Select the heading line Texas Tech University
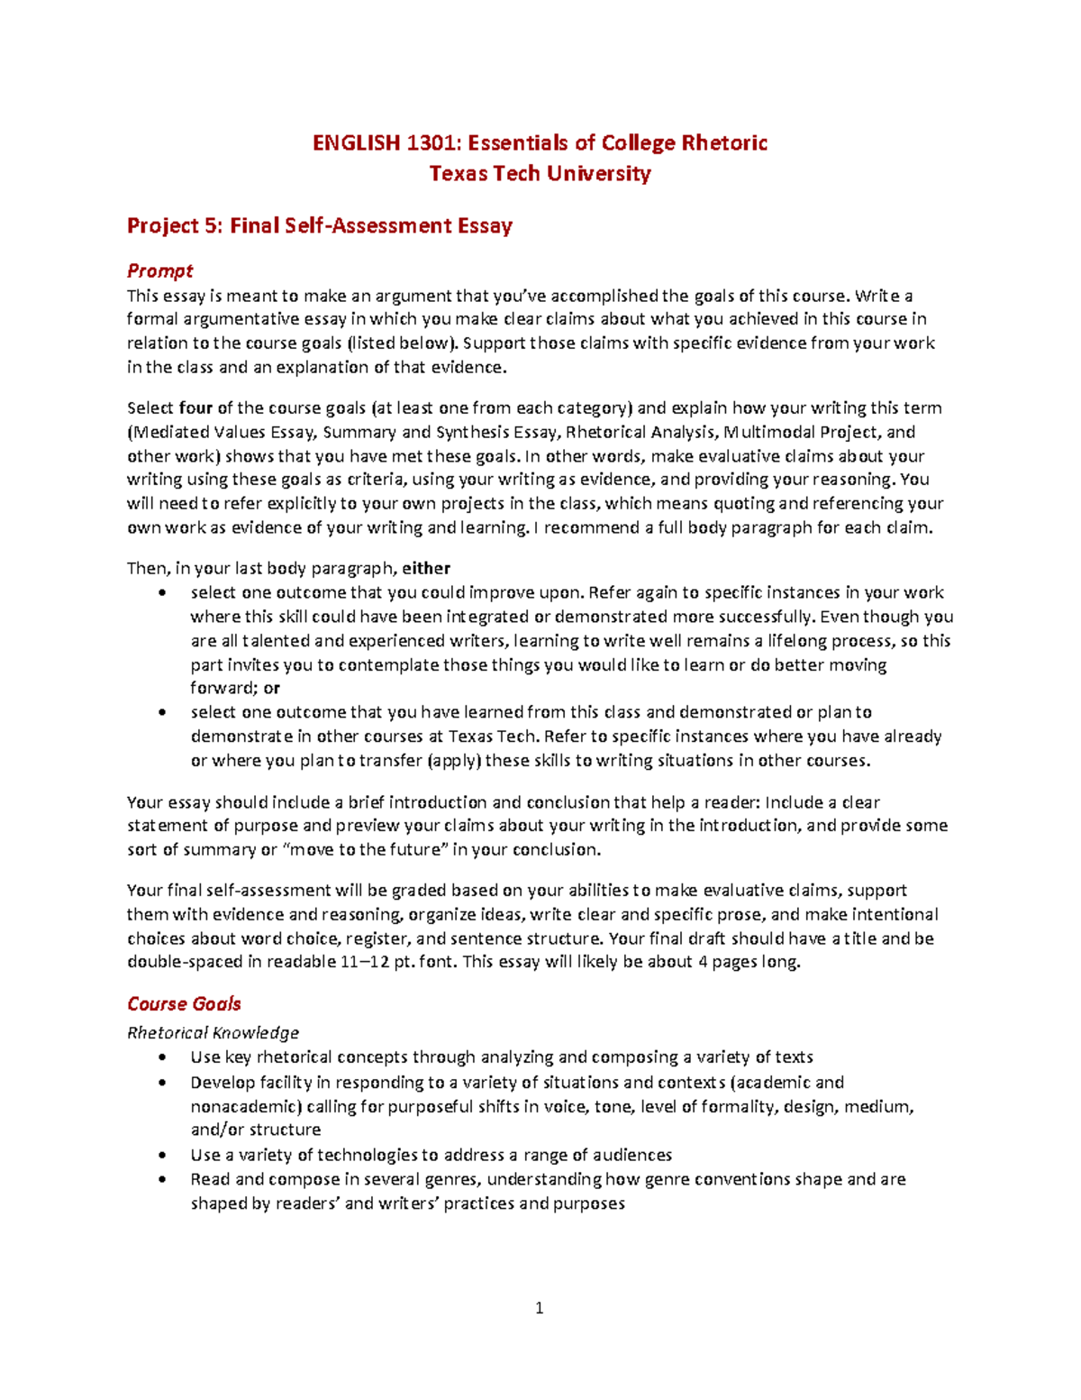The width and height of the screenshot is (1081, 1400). tap(540, 174)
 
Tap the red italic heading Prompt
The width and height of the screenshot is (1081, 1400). tap(159, 270)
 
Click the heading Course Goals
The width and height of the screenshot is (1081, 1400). tap(184, 1004)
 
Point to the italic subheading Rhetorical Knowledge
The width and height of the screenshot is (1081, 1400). tap(213, 1032)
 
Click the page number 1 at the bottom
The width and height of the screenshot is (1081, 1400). tap(539, 1308)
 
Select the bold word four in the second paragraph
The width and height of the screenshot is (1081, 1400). tap(195, 407)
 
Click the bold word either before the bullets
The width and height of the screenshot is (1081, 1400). tap(426, 568)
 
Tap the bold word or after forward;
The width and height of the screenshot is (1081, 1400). tap(271, 688)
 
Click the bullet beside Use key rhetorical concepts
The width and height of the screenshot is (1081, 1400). tap(162, 1057)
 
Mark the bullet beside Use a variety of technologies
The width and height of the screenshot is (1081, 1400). tap(162, 1156)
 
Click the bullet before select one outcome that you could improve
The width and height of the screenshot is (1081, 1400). tap(162, 593)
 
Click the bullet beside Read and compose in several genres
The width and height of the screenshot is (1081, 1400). tap(162, 1179)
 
